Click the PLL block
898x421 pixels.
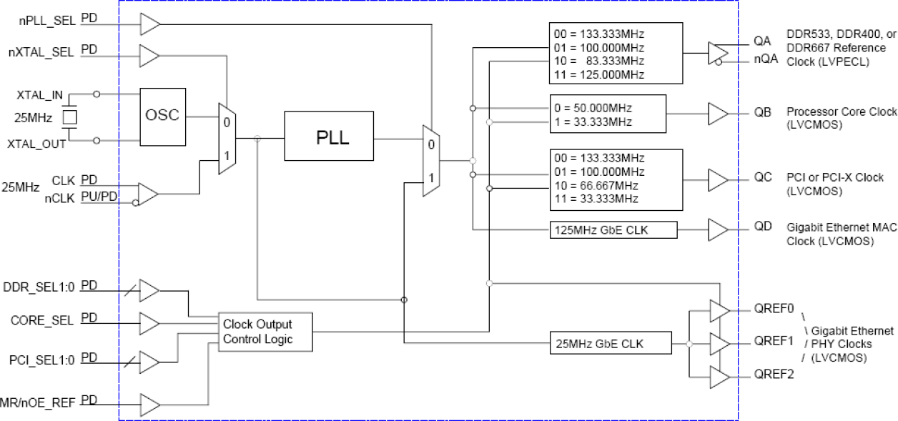329,136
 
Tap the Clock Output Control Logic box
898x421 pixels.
265,331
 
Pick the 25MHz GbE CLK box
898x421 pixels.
611,344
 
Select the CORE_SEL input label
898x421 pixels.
42,320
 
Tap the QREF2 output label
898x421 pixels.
774,374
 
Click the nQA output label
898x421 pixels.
767,60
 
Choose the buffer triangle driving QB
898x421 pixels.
717,113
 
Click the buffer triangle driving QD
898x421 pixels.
717,229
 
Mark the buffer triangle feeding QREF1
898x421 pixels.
719,343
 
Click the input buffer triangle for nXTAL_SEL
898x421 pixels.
149,54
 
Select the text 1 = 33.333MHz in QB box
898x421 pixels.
593,122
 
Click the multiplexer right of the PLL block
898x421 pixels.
431,161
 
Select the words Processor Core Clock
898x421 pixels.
842,112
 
